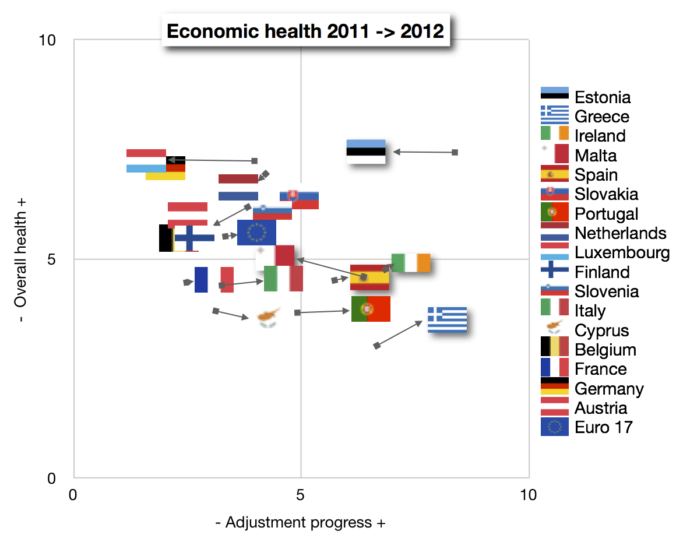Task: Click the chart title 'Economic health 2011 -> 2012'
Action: [x=305, y=30]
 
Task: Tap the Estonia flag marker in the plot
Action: [x=366, y=152]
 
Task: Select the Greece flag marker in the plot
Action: [x=447, y=319]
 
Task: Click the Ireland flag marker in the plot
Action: [x=411, y=263]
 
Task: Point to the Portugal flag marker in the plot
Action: [x=371, y=309]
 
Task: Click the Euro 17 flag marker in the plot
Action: [x=256, y=233]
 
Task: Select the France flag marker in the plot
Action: [x=214, y=280]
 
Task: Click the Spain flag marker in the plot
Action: [x=369, y=277]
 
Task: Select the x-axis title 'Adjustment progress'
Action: [x=301, y=522]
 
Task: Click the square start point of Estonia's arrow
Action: [x=455, y=152]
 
